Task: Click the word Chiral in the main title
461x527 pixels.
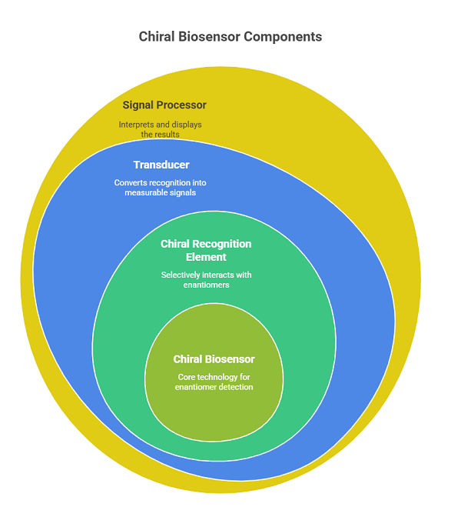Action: coord(157,37)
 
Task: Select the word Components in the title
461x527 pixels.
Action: coord(284,37)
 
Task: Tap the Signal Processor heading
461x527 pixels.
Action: coord(164,105)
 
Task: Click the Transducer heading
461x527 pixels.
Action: coord(161,165)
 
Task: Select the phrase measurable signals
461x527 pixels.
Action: coord(161,193)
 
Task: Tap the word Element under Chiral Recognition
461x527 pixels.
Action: coord(206,257)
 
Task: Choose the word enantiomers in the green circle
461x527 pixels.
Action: coord(206,285)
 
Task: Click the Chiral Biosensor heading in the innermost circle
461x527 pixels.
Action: coord(214,359)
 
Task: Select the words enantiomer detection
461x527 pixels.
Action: coord(214,387)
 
